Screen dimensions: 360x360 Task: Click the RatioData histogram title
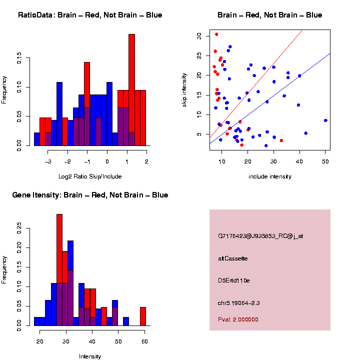(90, 15)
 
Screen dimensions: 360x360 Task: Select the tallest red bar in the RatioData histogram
(131, 90)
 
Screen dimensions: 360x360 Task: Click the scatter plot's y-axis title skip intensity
(184, 89)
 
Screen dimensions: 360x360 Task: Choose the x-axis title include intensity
(269, 176)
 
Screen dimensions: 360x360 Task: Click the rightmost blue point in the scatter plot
(325, 120)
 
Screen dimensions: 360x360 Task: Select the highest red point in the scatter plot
(216, 34)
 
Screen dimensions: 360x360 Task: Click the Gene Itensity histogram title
(90, 195)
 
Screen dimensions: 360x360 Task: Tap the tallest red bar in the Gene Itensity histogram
(59, 270)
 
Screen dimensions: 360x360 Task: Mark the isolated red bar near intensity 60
(143, 316)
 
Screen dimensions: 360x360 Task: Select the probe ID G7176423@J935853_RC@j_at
(260, 236)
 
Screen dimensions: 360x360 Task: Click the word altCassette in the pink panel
(233, 258)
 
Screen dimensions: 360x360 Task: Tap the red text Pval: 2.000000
(238, 319)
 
